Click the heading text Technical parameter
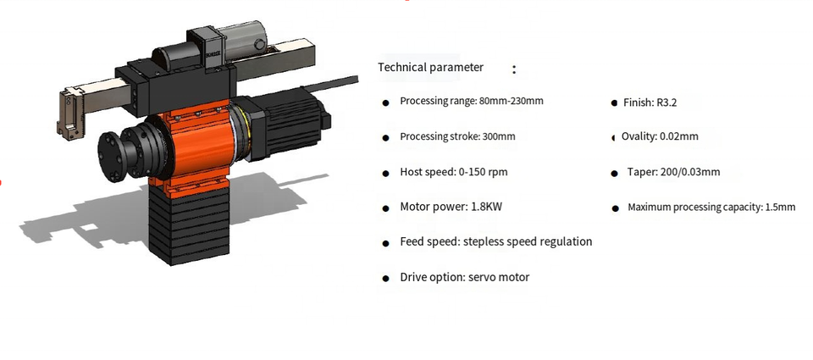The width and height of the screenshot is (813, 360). tap(430, 68)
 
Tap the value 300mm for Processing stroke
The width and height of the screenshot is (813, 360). tap(498, 136)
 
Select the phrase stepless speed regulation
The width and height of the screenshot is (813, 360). tap(528, 241)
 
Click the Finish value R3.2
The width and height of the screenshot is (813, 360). tap(666, 102)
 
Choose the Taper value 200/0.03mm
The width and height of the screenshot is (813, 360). tap(687, 172)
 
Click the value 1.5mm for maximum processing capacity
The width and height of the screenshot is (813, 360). tap(781, 207)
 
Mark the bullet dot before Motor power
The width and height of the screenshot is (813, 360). tap(385, 208)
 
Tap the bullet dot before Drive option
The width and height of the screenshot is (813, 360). tap(385, 278)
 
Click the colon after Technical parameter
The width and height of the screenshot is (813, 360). tap(514, 69)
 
